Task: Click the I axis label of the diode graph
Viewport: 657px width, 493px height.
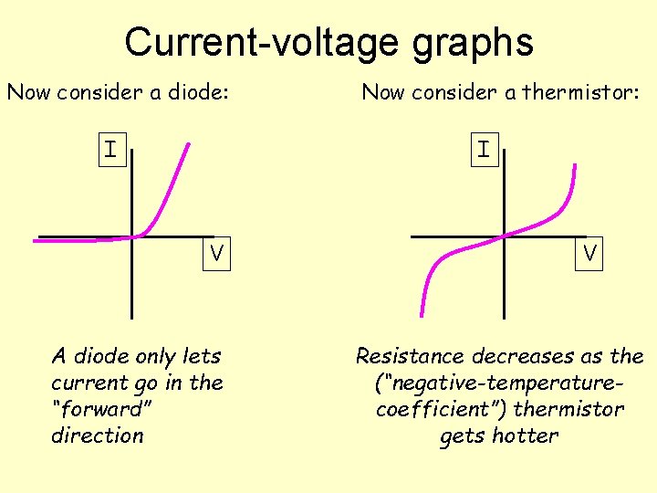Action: tap(109, 148)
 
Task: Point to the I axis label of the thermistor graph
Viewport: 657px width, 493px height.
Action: tap(482, 148)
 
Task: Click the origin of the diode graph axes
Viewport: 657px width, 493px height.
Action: tap(133, 237)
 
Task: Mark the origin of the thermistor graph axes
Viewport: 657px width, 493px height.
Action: tap(503, 237)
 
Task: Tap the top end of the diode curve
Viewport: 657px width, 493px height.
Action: tap(189, 144)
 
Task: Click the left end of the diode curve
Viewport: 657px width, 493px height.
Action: tap(36, 240)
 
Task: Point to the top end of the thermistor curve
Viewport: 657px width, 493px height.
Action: tap(575, 165)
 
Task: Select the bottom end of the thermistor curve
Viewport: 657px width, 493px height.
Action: tap(422, 314)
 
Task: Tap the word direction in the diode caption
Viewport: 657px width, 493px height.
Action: tap(98, 435)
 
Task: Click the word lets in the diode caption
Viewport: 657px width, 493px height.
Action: tap(202, 356)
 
